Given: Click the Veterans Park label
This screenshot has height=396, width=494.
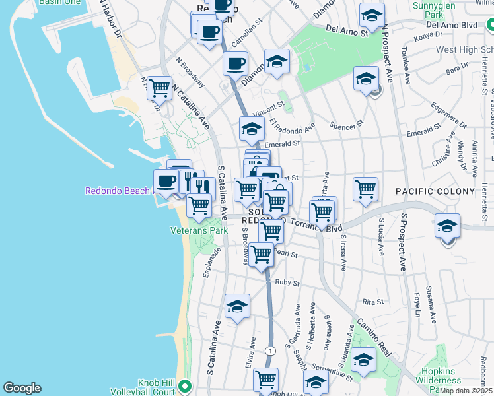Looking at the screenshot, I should (x=199, y=230).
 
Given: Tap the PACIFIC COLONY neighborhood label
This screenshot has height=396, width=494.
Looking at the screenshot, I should (x=435, y=191).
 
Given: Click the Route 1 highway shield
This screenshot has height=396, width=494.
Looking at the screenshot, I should (x=270, y=350).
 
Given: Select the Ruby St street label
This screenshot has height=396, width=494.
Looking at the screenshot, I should (x=287, y=282).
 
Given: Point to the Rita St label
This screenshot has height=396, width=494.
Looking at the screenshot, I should (x=373, y=302).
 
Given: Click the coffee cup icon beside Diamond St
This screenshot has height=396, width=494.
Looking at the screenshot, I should (x=235, y=63).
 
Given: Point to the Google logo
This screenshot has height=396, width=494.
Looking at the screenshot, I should (x=22, y=388).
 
